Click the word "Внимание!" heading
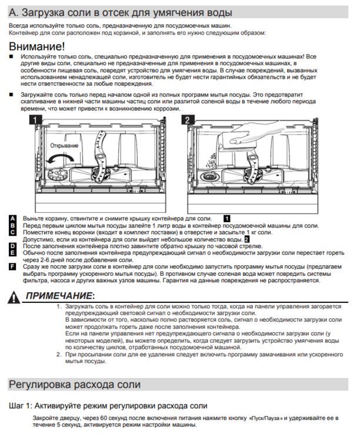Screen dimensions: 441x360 (x=37, y=46)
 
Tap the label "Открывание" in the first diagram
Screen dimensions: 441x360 (x=64, y=145)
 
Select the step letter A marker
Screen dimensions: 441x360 (x=13, y=219)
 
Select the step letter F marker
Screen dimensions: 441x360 (x=13, y=266)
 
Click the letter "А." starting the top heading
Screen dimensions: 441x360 (x=14, y=12)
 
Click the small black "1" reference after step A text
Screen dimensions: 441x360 (x=226, y=218)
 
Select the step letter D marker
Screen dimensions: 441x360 (x=13, y=245)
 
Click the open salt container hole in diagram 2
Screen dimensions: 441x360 (x=209, y=176)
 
